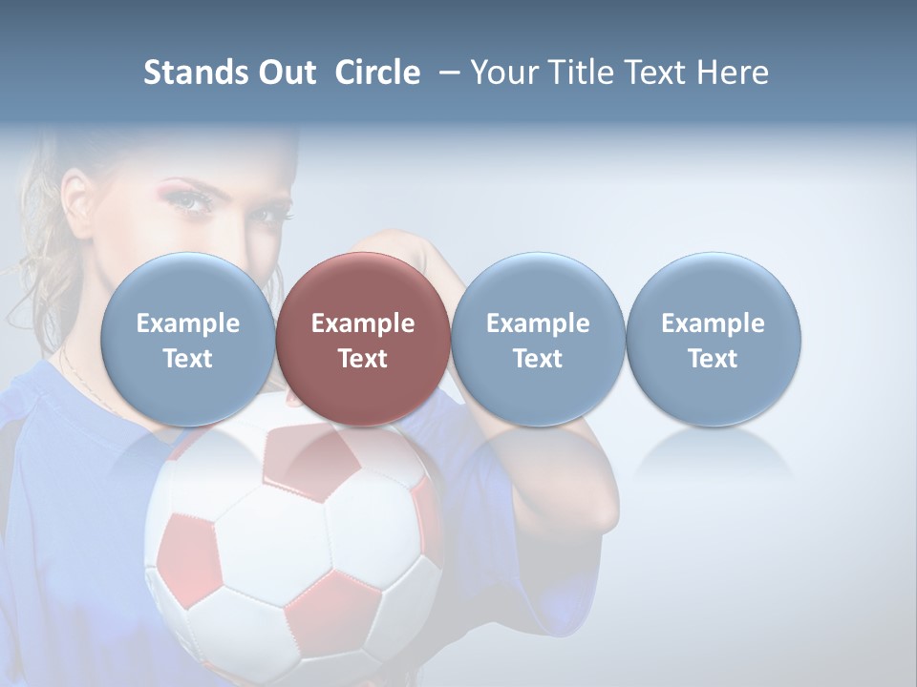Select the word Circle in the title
tap(377, 73)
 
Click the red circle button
tap(363, 339)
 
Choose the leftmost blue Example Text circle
tap(188, 339)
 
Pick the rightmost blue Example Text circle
tap(713, 339)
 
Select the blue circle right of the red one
tap(538, 339)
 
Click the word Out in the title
tap(288, 73)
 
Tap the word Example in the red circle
tap(363, 323)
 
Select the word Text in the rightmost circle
tap(713, 359)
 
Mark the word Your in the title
tap(501, 73)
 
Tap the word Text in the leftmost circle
tap(188, 359)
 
